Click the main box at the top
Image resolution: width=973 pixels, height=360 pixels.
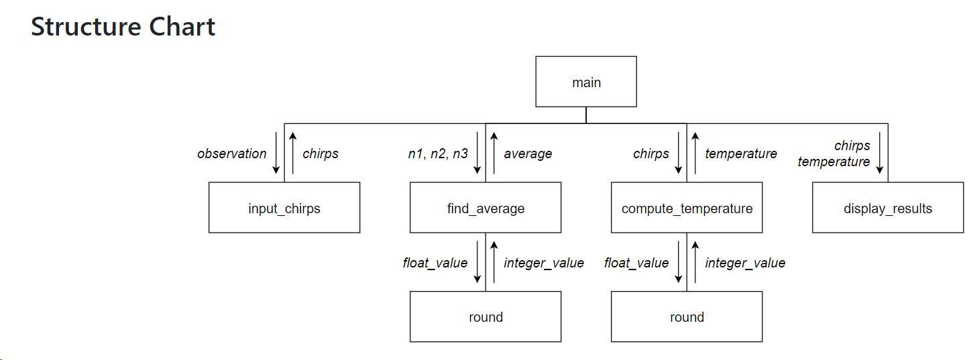[586, 82]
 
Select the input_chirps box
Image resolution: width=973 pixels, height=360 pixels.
[284, 208]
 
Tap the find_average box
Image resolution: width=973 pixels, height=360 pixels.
[485, 208]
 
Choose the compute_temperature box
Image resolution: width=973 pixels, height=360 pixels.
[687, 208]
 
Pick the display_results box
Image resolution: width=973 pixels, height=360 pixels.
[888, 208]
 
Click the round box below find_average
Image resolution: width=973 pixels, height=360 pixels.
[485, 316]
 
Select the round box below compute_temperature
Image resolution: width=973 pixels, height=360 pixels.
[687, 316]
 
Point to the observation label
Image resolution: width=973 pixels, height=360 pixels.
[231, 154]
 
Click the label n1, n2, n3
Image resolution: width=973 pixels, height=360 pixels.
[438, 154]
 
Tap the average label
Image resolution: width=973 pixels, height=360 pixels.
[528, 154]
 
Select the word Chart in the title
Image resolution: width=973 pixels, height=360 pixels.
[182, 27]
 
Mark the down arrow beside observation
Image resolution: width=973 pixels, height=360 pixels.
[276, 153]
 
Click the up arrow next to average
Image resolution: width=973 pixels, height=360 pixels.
[494, 153]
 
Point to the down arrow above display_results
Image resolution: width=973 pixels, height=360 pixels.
[880, 153]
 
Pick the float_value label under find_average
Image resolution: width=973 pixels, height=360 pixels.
[435, 263]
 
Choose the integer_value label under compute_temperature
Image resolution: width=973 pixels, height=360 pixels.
[744, 263]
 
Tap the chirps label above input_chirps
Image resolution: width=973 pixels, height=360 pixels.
[321, 154]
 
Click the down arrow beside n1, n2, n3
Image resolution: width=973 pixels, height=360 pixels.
[477, 153]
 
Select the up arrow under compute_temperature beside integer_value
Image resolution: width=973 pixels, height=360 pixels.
[695, 262]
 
